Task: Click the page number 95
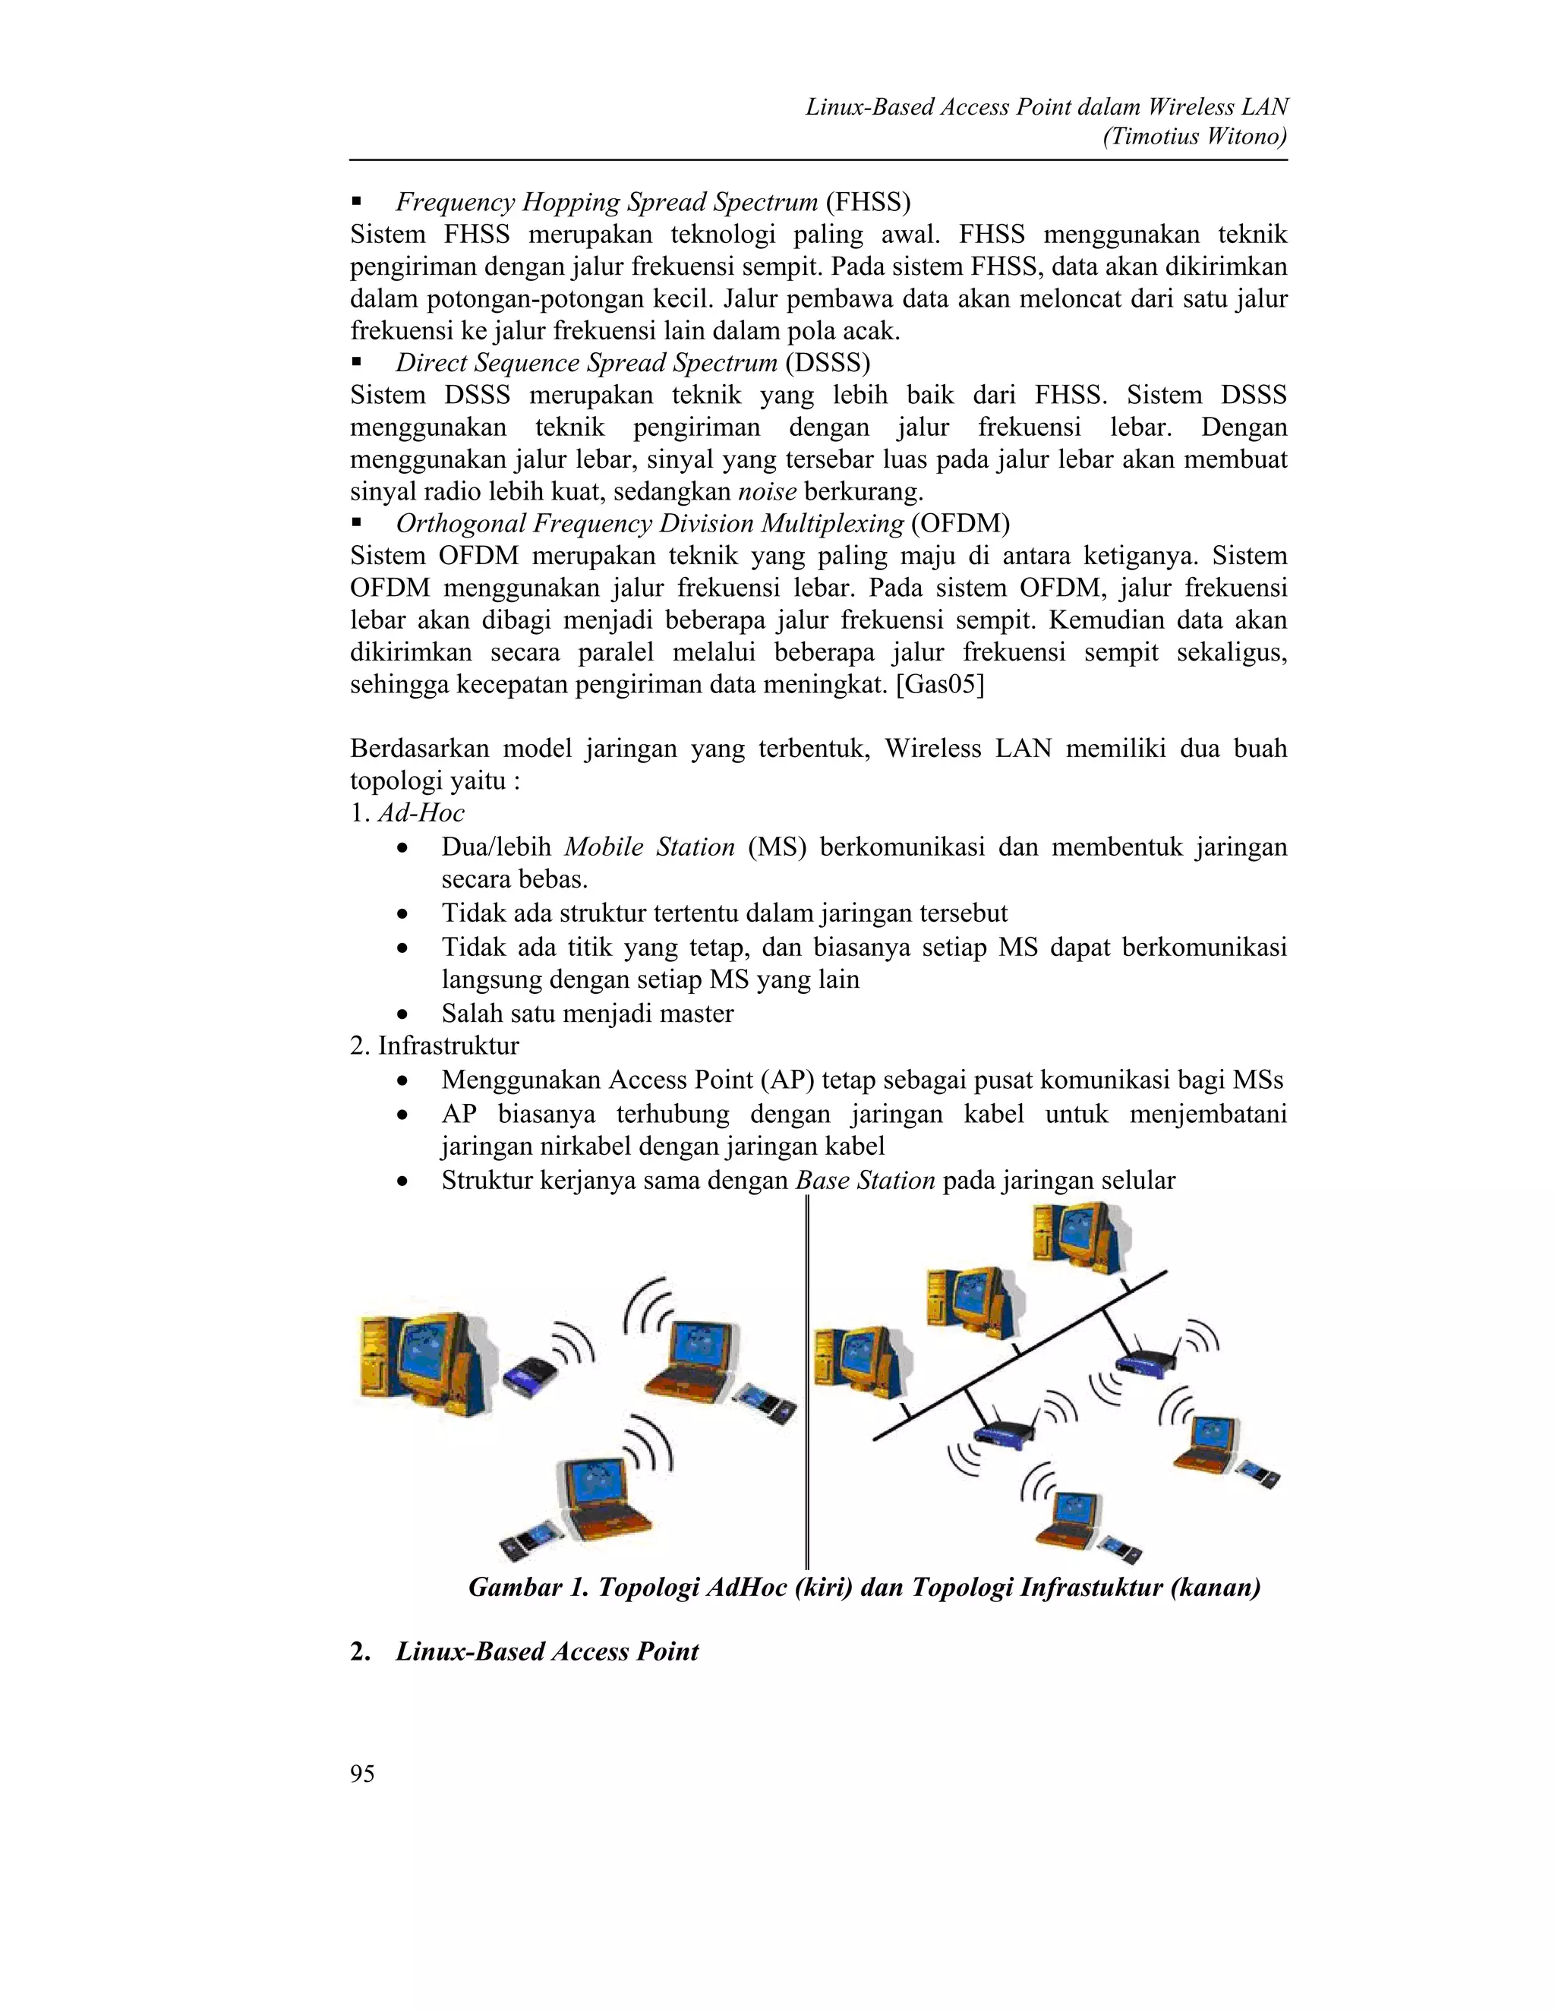pos(362,1774)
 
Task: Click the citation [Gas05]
pos(940,686)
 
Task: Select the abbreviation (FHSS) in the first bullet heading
pos(868,202)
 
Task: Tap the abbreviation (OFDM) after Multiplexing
pos(960,523)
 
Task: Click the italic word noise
pos(768,492)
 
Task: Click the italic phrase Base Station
pos(865,1180)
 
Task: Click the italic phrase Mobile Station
pos(649,847)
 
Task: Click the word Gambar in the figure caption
pos(515,1586)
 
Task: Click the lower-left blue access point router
pos(1003,1434)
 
